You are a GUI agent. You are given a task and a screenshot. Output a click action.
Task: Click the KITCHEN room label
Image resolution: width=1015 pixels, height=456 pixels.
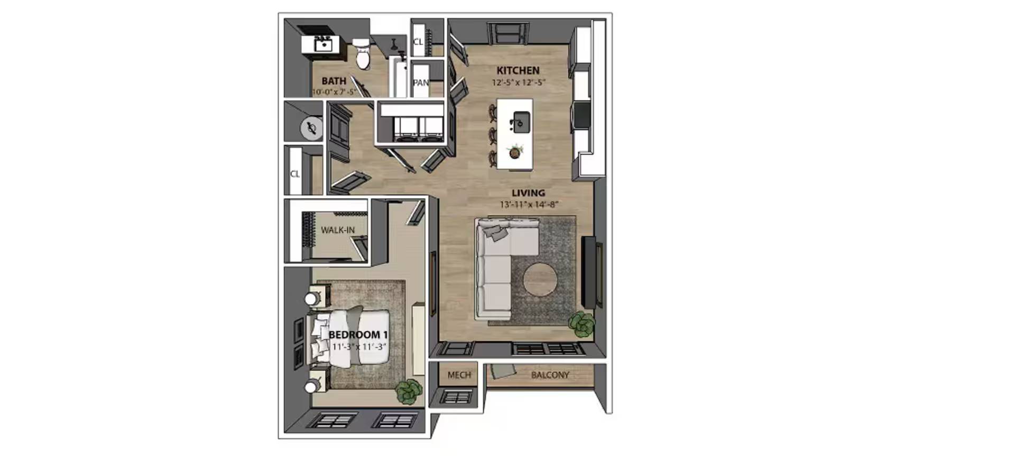[518, 70]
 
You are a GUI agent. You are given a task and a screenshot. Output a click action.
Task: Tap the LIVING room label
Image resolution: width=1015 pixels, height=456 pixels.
[528, 193]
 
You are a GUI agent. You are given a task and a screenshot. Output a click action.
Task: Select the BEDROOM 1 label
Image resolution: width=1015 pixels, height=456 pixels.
[358, 334]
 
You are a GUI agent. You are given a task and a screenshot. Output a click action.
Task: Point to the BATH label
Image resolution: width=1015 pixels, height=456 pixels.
[334, 81]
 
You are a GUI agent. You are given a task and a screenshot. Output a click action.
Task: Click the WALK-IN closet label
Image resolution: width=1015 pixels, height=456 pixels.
[338, 230]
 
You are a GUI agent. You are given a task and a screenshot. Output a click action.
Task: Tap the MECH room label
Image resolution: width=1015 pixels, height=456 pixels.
[459, 375]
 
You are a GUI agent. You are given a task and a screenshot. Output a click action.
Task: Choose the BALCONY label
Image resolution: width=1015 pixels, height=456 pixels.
[550, 375]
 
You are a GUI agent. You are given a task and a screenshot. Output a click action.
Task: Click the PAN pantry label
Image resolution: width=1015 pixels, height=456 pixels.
[421, 82]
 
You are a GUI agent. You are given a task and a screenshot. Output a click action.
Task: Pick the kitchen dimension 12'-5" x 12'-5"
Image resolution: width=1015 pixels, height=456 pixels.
[518, 82]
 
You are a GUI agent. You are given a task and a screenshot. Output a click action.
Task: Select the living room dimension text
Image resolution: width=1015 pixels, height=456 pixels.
[529, 204]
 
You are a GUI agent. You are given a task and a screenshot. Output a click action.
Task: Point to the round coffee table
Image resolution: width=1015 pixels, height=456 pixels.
[540, 282]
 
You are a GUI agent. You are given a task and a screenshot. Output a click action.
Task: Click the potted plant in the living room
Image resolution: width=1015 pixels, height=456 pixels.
[582, 324]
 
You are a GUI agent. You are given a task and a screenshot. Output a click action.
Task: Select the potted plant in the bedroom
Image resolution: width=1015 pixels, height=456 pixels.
[409, 391]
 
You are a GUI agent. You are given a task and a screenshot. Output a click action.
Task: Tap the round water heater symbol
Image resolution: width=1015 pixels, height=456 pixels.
[311, 128]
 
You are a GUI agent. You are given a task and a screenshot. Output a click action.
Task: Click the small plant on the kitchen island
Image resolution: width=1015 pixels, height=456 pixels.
[514, 152]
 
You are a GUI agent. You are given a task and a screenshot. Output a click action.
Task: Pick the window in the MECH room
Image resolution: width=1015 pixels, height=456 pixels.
[456, 396]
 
